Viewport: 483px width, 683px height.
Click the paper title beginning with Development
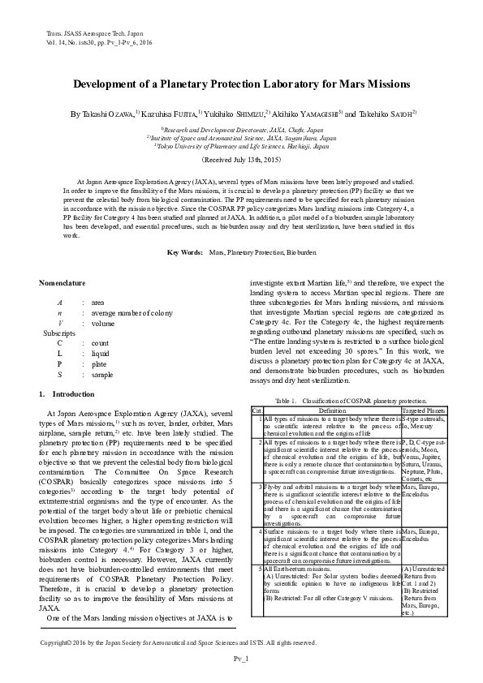(x=241, y=84)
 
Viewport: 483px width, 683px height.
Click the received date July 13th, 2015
(x=241, y=161)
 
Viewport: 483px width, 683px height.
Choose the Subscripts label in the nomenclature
(x=58, y=333)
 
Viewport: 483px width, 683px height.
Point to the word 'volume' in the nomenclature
(x=103, y=322)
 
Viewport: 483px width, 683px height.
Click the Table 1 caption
(x=351, y=401)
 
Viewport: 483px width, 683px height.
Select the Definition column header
(x=332, y=410)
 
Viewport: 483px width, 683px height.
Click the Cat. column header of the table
(x=257, y=410)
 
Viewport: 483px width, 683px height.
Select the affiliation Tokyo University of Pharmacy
(x=242, y=147)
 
